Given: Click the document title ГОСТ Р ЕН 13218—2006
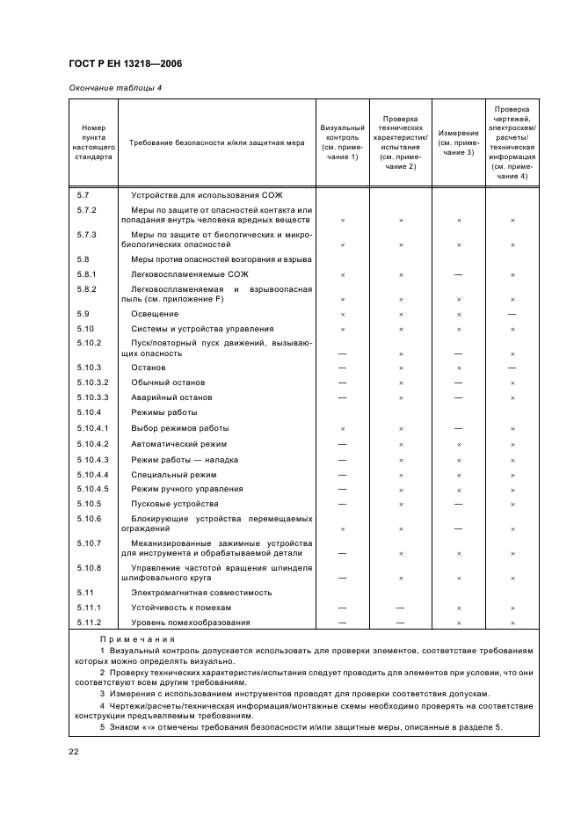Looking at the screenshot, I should point(125,64).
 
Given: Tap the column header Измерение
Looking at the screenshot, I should point(458,142).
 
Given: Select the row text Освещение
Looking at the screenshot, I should point(155,314).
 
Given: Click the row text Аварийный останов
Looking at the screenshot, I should point(172,397).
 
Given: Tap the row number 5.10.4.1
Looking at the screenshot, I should point(94,428).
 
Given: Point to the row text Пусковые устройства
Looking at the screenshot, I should point(174,504).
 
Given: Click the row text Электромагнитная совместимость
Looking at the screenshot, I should point(201,593).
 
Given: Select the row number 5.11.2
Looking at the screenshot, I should point(91,623).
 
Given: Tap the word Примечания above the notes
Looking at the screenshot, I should point(137,639).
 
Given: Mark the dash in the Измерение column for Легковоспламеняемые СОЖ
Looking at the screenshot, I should point(458,275).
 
